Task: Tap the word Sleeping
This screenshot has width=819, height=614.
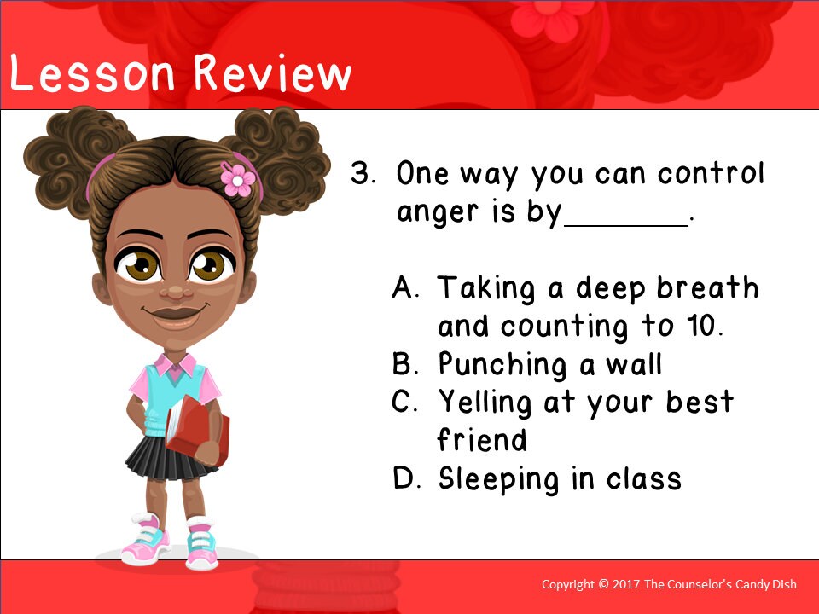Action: [500, 479]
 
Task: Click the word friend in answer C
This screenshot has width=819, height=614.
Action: [482, 440]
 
